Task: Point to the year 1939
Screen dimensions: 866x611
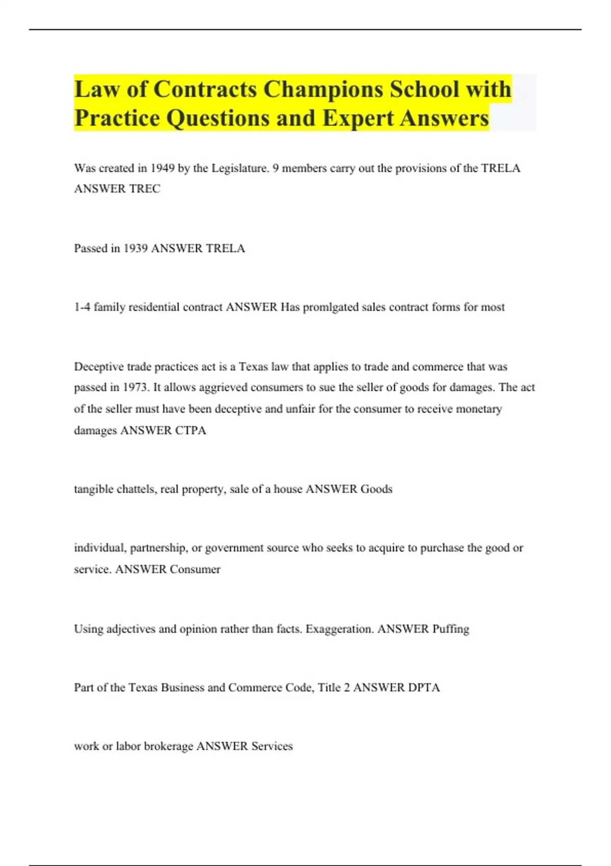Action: coord(135,248)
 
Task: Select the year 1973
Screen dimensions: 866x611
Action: coord(135,387)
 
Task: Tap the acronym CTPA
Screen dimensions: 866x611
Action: coord(190,430)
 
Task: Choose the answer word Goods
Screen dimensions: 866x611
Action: coord(376,489)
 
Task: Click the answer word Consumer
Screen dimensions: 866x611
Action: coord(195,569)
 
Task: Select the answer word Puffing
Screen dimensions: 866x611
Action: coord(451,629)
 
